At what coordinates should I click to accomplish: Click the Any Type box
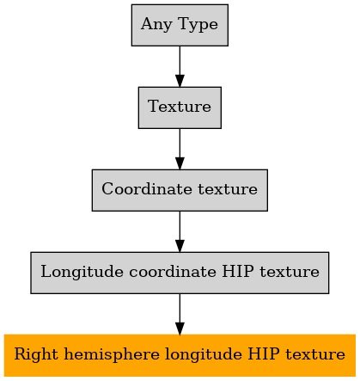coord(180,25)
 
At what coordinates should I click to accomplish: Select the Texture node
coord(180,108)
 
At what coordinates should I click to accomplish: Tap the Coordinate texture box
coord(180,190)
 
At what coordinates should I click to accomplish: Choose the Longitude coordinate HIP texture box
coord(180,273)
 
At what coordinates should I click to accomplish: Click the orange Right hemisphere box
coord(180,355)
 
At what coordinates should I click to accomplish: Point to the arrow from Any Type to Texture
coord(180,66)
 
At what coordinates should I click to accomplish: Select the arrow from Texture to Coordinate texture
coord(180,149)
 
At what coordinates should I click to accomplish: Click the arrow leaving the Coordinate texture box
coord(180,231)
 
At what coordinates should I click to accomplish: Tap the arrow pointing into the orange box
coord(180,314)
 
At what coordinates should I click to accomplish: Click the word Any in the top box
coord(156,25)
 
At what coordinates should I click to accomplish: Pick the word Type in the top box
coord(198,25)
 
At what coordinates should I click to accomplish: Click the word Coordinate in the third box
coord(147,189)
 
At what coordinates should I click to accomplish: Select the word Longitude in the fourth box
coord(82,272)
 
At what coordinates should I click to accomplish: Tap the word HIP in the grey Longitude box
coord(238,271)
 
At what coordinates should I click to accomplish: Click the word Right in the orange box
coord(36,355)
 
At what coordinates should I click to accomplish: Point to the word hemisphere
coord(112,355)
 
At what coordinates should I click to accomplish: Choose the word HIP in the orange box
coord(264,353)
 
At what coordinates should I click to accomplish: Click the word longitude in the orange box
coord(204,355)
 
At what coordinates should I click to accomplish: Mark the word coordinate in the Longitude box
coord(173,271)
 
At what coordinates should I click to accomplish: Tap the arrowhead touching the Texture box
coord(180,81)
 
